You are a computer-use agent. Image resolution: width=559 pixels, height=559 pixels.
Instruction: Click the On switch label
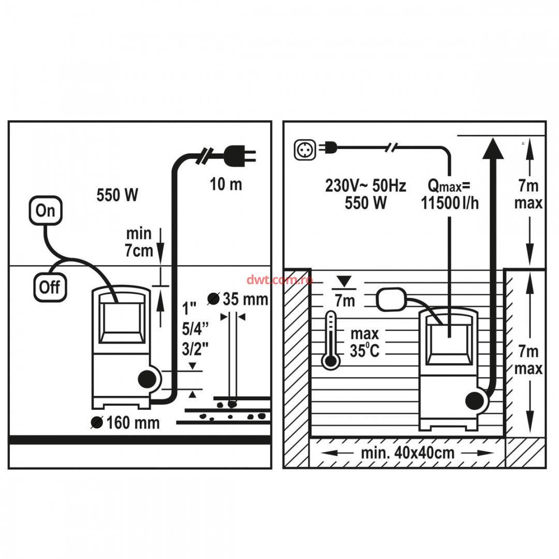[46, 211]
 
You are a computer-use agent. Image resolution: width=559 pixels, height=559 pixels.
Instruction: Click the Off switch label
[50, 286]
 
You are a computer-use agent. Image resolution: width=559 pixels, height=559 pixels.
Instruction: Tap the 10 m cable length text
[226, 184]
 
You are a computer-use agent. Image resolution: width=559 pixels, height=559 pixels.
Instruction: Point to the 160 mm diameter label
[126, 423]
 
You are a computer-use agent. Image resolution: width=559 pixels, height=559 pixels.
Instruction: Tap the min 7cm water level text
[139, 242]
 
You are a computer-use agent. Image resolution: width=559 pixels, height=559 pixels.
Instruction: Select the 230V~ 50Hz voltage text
[365, 185]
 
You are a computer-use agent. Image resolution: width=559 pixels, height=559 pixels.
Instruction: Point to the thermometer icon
[330, 341]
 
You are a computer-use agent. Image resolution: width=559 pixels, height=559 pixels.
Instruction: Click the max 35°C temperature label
[364, 342]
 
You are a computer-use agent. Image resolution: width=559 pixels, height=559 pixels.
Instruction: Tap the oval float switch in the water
[391, 300]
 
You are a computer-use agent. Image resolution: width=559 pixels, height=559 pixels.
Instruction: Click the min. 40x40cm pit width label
[408, 453]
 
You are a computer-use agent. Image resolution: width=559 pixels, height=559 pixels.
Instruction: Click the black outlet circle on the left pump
[148, 380]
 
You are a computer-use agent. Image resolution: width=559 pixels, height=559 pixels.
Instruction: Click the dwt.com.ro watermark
[280, 279]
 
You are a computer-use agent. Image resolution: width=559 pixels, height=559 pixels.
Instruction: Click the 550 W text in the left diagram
[117, 195]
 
